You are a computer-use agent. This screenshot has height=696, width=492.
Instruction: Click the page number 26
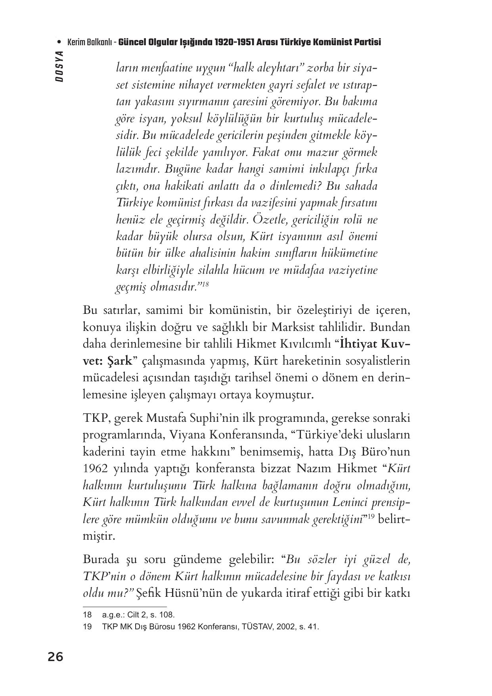point(56,657)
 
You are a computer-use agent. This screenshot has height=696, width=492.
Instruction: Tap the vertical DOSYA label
point(59,66)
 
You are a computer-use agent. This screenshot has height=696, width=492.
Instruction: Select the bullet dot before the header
point(59,42)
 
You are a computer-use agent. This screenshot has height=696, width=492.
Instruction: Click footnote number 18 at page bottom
point(87,615)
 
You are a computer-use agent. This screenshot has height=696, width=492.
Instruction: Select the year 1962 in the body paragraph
point(95,469)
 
